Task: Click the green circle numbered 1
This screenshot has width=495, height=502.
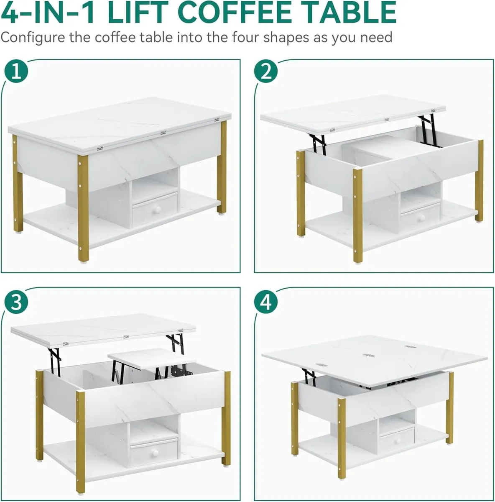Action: (16, 72)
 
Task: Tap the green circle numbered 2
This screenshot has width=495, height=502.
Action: (266, 72)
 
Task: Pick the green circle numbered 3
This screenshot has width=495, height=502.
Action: (16, 302)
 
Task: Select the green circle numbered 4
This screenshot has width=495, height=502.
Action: (266, 302)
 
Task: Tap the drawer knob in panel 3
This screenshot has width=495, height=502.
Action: (155, 453)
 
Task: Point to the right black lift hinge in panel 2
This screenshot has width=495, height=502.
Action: (428, 130)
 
